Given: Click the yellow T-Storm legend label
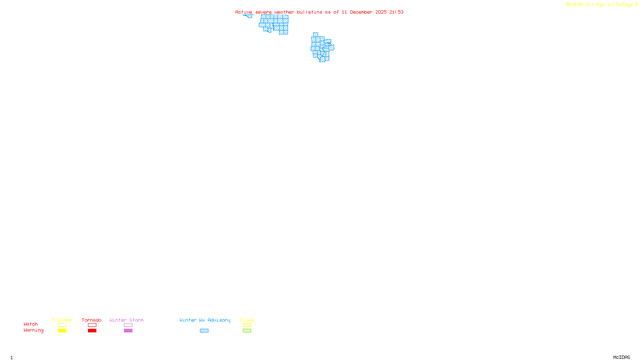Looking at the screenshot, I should click(62, 320).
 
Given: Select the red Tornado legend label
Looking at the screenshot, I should click(92, 320).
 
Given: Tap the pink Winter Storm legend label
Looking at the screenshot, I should click(126, 320).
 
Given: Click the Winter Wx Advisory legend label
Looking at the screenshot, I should click(205, 320).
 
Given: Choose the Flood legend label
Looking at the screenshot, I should click(247, 320).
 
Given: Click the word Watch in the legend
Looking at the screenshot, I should click(31, 324).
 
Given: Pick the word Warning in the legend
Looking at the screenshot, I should click(33, 330).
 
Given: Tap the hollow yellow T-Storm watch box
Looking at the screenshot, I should click(62, 325).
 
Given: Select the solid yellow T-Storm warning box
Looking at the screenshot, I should click(62, 331).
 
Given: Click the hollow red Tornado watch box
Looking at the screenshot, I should click(92, 325).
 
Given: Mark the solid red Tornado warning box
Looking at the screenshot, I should click(92, 331).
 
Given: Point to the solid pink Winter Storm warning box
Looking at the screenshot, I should click(128, 331).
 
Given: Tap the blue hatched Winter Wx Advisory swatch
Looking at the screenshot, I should click(204, 331).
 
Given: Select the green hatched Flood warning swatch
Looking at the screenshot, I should click(247, 331).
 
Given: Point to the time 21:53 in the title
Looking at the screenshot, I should click(396, 12).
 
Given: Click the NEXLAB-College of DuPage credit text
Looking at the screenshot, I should click(600, 4).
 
